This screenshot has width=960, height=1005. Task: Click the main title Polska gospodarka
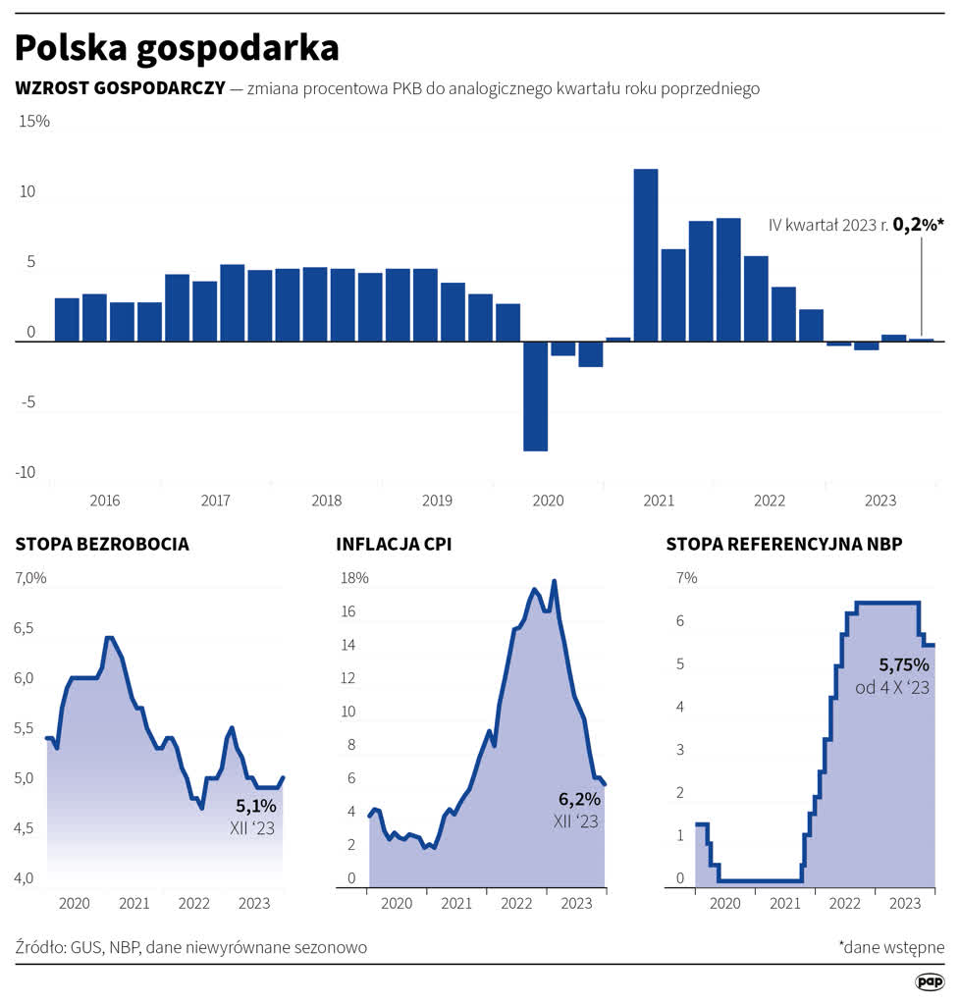(177, 47)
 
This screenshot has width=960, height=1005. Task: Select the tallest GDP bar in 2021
(645, 255)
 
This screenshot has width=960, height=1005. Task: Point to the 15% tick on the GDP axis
(33, 122)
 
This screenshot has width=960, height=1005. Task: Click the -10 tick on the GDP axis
(26, 472)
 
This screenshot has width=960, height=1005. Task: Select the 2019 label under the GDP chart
(437, 501)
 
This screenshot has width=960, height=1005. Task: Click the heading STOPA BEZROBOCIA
(102, 544)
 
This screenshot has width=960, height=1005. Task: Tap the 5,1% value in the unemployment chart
(256, 806)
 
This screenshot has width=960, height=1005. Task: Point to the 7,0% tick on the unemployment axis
(31, 577)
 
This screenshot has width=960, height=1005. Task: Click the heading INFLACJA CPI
(394, 544)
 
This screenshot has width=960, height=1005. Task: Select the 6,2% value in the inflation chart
(579, 799)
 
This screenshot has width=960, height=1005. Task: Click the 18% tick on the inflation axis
(353, 577)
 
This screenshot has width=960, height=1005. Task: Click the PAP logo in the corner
(929, 981)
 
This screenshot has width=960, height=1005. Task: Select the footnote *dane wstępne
(891, 947)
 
